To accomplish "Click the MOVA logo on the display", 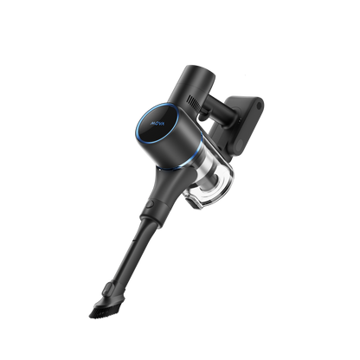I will [119, 133].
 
